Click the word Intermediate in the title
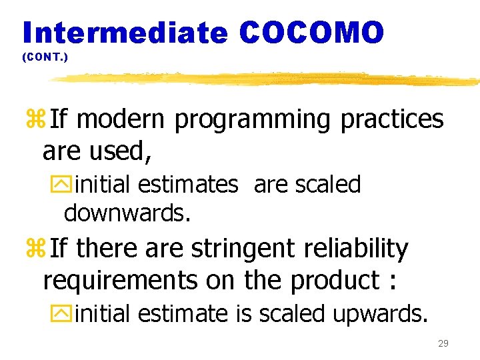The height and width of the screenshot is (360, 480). (125, 32)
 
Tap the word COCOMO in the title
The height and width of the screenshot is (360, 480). (311, 32)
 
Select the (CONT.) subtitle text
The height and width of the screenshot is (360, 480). (45, 58)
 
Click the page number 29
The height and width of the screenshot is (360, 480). (443, 343)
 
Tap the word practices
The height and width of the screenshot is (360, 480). (391, 120)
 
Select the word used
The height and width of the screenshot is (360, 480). (125, 152)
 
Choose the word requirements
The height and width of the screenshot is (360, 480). (121, 281)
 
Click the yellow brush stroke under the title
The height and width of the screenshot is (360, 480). (267, 79)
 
